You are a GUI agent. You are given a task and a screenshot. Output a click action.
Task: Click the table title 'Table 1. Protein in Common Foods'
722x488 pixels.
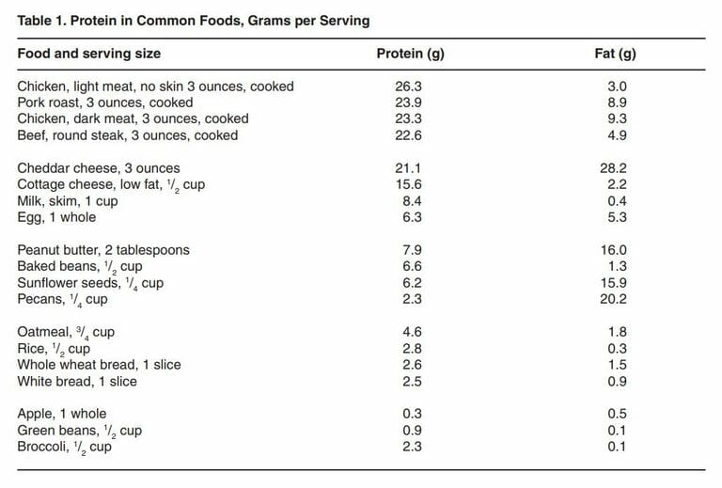pos(193,20)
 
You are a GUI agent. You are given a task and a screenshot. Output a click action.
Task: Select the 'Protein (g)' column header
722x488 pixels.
pos(410,54)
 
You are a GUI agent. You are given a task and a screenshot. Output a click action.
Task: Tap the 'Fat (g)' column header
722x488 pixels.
pos(616,54)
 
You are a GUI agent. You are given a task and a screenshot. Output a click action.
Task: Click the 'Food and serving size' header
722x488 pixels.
pos(88,54)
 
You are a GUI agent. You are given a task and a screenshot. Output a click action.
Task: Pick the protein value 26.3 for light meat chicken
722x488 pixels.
pos(410,87)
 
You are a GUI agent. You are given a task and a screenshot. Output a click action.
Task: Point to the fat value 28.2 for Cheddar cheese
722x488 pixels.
pos(616,168)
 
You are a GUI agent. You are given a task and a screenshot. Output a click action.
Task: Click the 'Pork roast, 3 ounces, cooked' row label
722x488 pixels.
pos(105,102)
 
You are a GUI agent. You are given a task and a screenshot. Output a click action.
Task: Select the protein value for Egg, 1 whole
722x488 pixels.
pos(410,217)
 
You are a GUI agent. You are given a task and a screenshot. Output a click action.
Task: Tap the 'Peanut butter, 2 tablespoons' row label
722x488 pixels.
pos(103,250)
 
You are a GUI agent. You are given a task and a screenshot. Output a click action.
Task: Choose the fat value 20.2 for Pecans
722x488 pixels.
pos(616,299)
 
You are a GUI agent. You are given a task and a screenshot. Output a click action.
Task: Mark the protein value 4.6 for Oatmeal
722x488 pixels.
pos(410,332)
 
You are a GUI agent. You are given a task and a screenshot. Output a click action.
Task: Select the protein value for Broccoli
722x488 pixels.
pos(410,447)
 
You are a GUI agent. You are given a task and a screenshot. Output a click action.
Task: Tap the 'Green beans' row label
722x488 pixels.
pos(80,431)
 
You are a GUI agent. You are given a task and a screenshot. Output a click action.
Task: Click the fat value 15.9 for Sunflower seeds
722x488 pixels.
pos(616,283)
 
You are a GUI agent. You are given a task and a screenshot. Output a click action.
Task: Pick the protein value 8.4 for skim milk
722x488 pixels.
pos(410,201)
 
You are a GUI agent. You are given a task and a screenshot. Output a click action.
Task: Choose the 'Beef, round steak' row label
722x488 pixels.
pos(128,135)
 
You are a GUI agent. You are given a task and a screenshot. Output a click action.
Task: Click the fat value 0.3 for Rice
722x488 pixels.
pos(616,349)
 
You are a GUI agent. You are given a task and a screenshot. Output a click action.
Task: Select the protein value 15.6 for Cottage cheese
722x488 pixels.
pos(410,184)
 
